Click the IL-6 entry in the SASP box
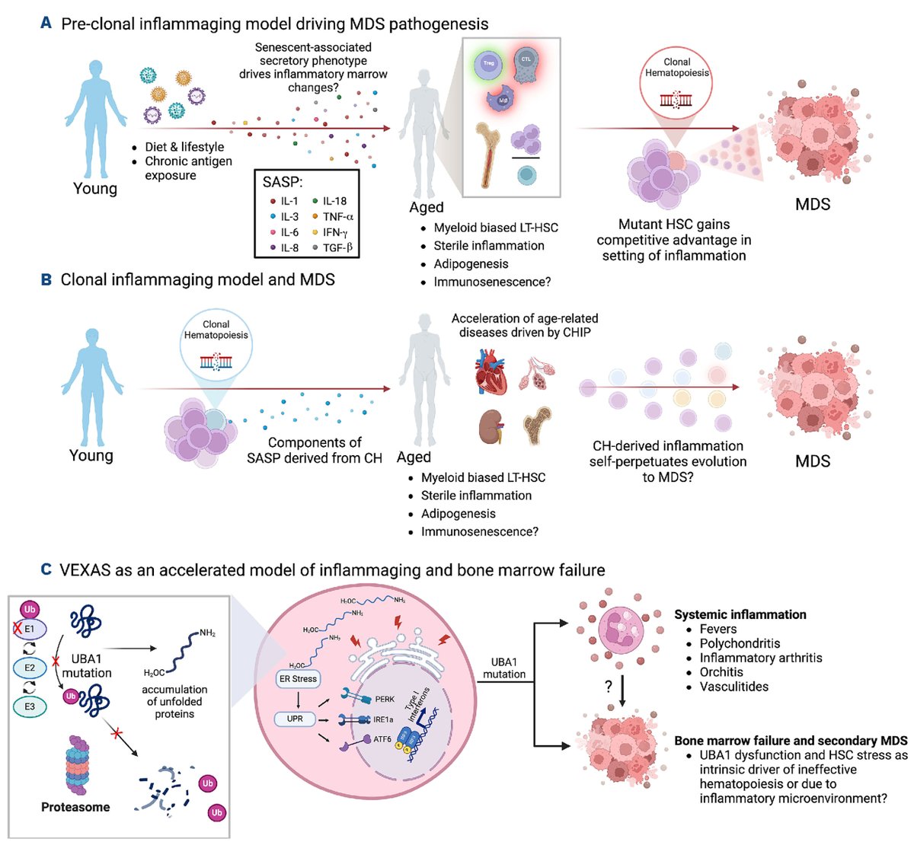(x=289, y=232)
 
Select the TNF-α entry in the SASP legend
(x=337, y=217)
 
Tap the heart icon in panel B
(x=491, y=371)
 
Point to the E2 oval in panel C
(x=30, y=668)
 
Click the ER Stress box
(x=298, y=678)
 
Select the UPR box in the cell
(x=295, y=719)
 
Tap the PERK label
(x=385, y=699)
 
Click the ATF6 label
(x=383, y=739)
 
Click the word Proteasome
(x=75, y=807)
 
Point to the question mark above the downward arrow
(x=609, y=687)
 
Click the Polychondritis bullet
(x=739, y=643)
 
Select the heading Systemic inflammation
(x=740, y=614)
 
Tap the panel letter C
(x=46, y=569)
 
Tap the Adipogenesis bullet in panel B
(x=458, y=514)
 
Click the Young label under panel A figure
(x=95, y=189)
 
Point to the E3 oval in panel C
(x=30, y=706)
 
